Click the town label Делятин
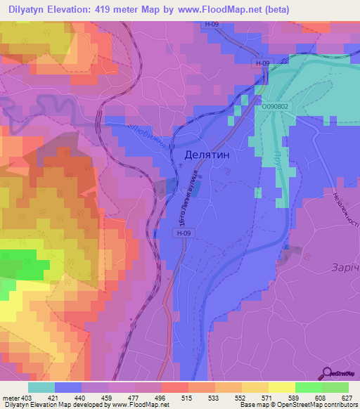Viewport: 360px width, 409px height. point(208,154)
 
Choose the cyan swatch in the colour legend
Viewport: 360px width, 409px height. point(41,387)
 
